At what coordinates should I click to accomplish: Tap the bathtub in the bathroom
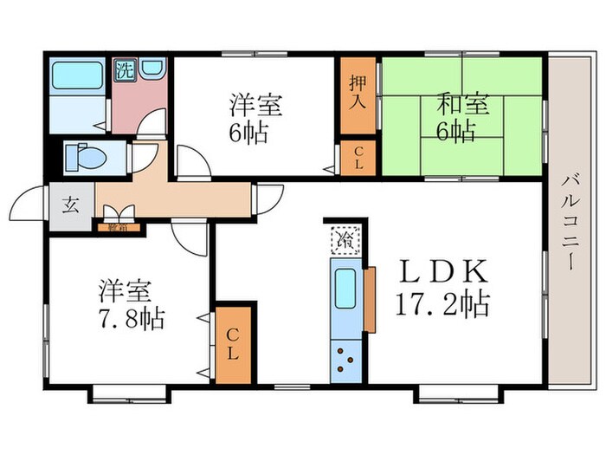point(77,77)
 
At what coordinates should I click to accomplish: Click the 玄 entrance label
point(70,206)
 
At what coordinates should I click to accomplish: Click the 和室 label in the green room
point(463,106)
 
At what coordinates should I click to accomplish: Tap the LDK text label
point(442,271)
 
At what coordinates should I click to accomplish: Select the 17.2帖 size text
point(442,304)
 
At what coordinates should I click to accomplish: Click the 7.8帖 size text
point(131,315)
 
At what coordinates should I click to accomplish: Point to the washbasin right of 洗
point(152,71)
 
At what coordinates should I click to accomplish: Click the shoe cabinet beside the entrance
point(115,228)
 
